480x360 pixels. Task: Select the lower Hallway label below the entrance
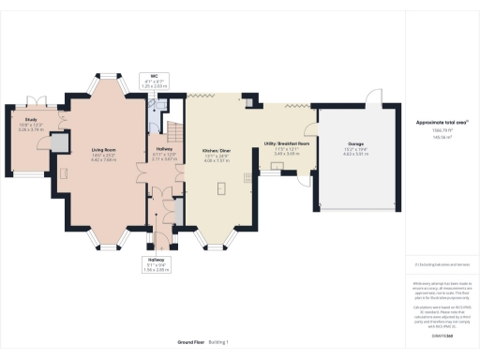point(157,260)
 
